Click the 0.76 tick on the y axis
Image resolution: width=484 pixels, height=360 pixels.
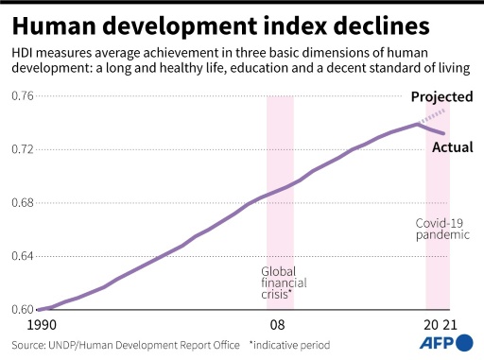(22, 95)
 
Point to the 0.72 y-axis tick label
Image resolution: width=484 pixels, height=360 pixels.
(22, 149)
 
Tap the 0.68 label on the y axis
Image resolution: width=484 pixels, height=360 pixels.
(22, 202)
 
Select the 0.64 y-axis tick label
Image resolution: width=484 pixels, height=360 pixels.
(22, 256)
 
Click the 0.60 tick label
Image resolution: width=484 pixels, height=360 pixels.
(22, 309)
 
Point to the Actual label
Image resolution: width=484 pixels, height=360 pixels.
(452, 147)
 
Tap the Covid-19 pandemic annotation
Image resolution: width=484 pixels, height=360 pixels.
(441, 229)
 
